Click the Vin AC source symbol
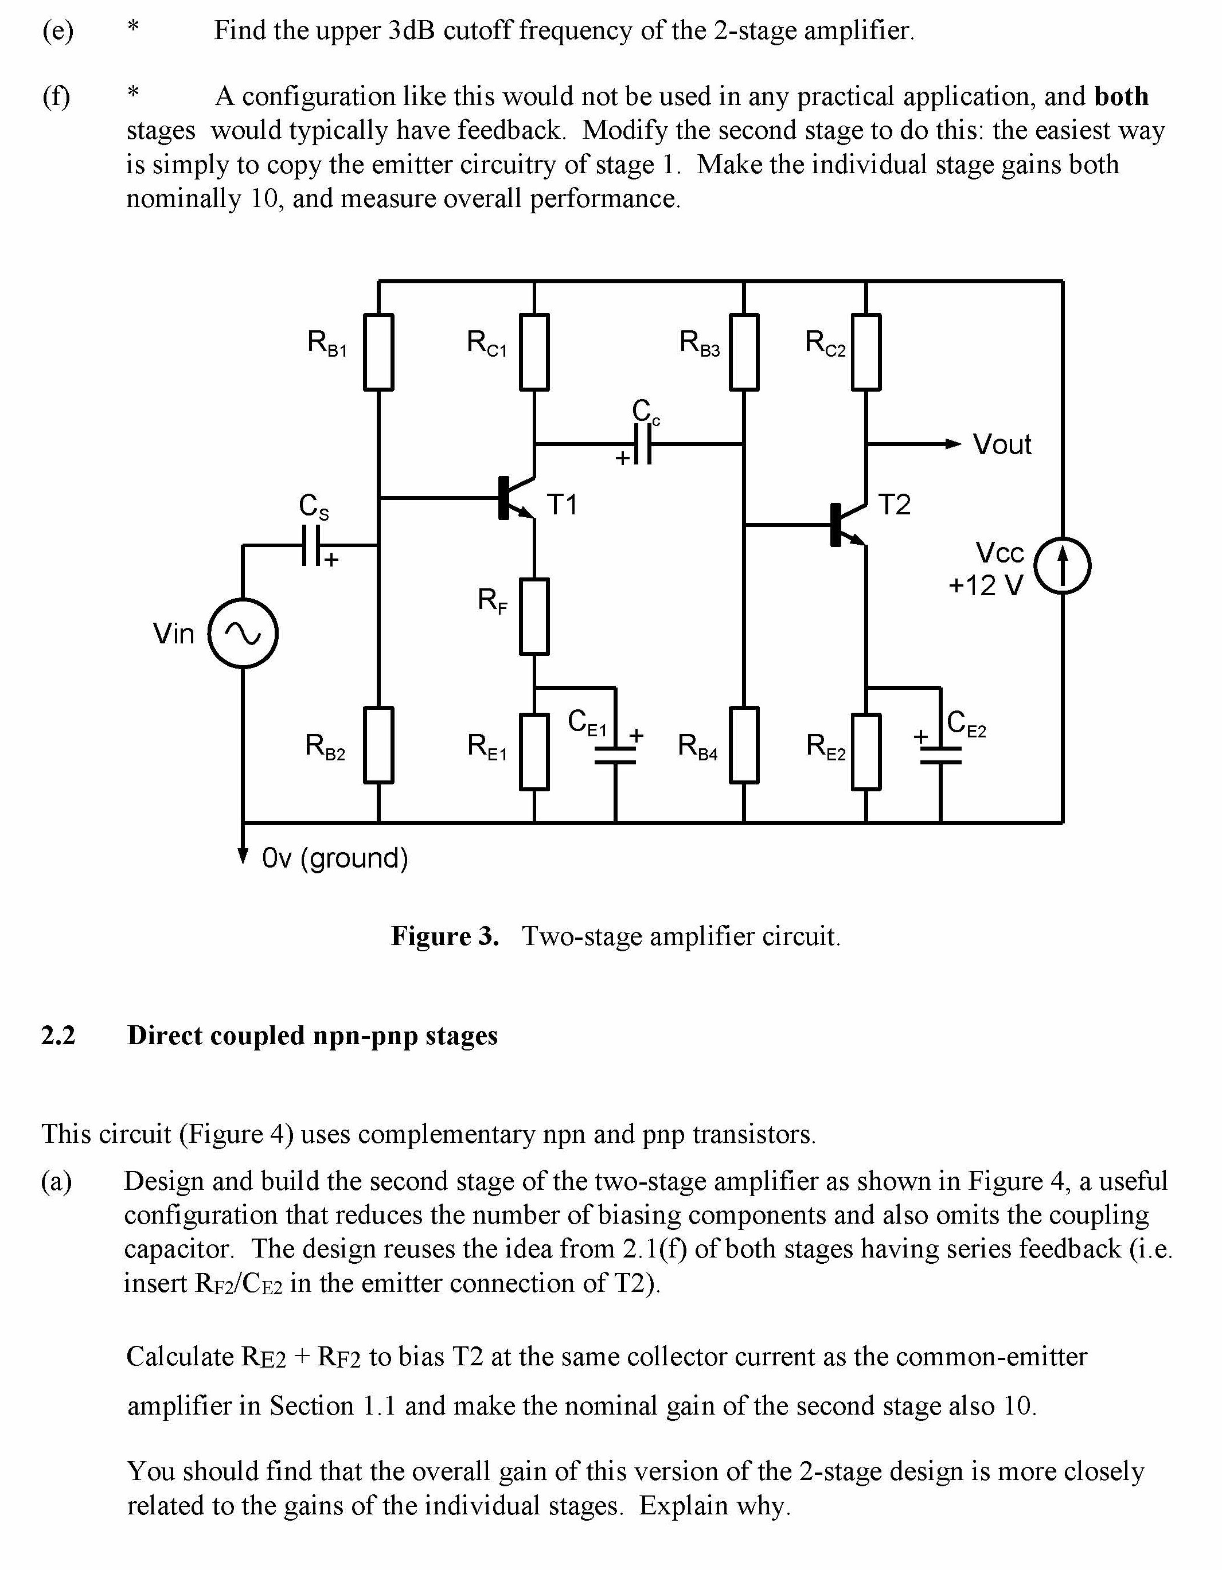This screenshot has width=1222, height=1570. pos(243,633)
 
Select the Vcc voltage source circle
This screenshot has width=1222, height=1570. pos(1063,566)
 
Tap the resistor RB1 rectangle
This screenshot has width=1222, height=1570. pos(379,352)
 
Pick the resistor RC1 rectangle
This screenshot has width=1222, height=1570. pos(534,352)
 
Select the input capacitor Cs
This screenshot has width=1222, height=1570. pos(311,546)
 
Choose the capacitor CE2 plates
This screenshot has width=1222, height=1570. pos(940,755)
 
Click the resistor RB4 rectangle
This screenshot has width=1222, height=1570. pos(744,745)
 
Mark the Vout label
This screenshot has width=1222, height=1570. pos(1001,444)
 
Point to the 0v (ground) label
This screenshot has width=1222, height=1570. pos(335,858)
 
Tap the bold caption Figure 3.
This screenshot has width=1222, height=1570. pos(444,936)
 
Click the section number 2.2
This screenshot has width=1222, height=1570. pos(58,1035)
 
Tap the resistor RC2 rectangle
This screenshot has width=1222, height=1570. pos(866,352)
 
